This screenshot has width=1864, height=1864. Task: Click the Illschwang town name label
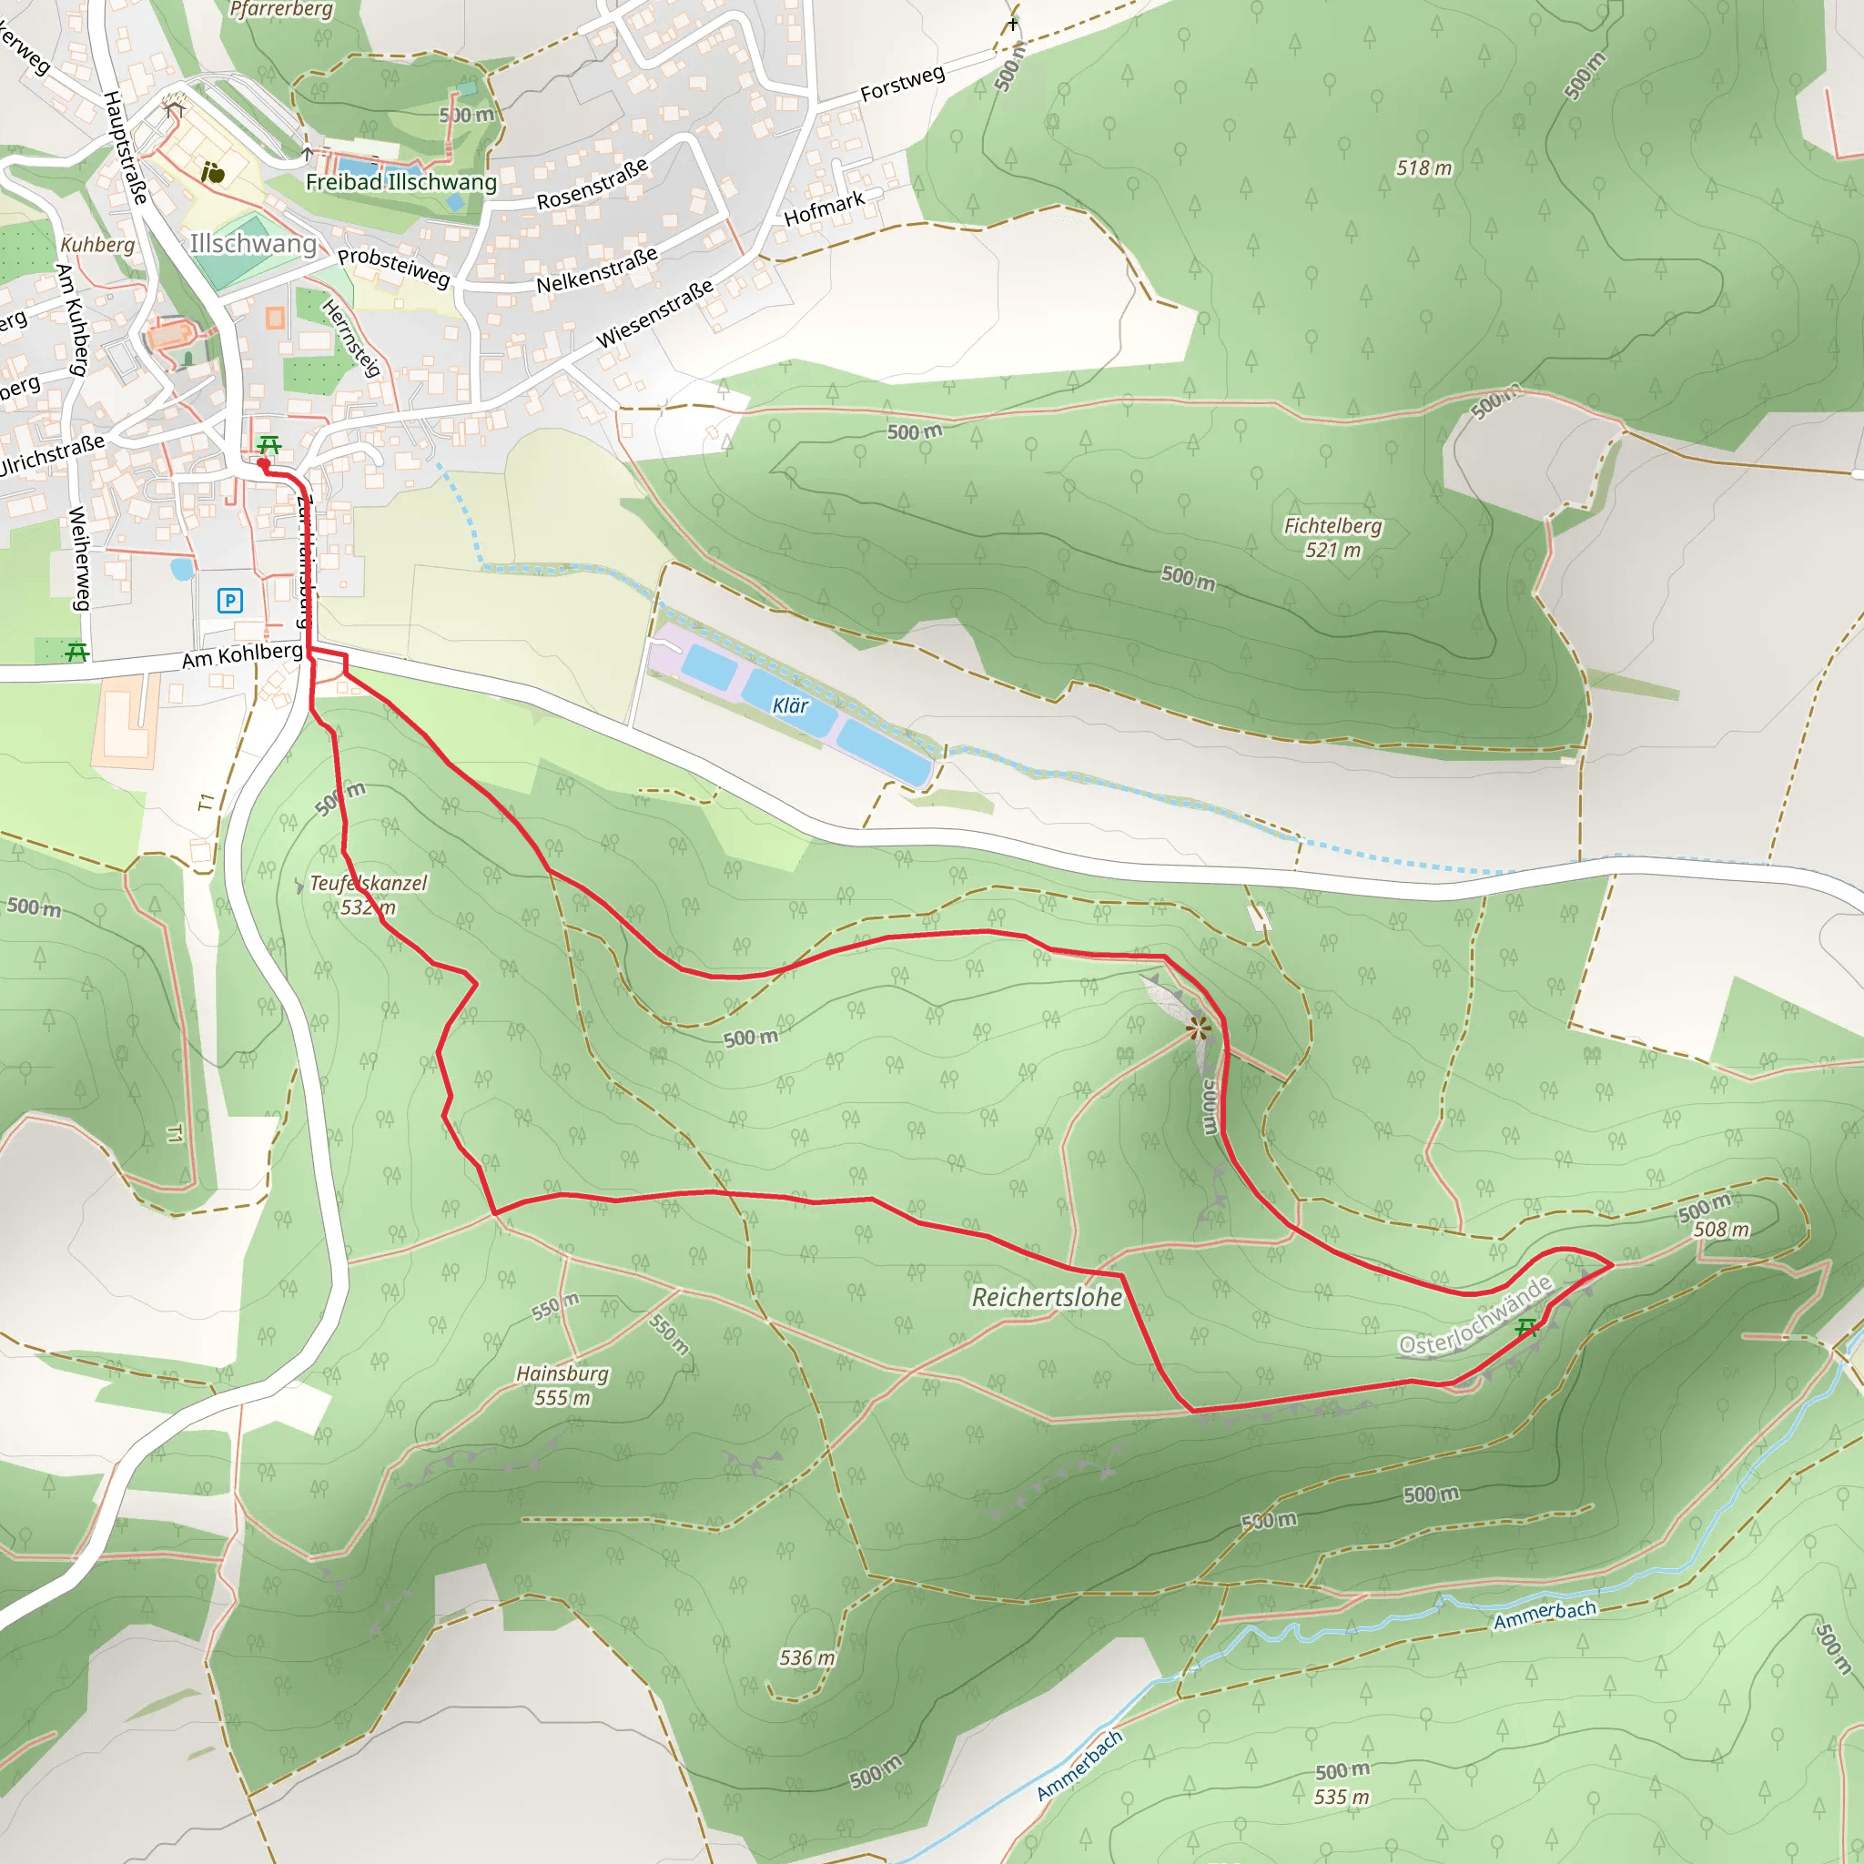[253, 243]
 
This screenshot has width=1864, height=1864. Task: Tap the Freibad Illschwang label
[401, 182]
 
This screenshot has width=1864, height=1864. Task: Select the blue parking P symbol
[229, 601]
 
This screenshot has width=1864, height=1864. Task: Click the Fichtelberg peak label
[1332, 537]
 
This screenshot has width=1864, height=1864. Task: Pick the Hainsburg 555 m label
[562, 1384]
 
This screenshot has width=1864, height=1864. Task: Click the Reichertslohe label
[1047, 1297]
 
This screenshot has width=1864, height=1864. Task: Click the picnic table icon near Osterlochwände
[1526, 1329]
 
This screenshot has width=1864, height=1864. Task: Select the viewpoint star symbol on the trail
[1199, 1029]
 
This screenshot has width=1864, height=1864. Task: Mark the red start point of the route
[262, 464]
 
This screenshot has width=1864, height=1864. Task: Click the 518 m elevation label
[1424, 167]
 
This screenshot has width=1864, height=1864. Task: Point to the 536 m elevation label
[806, 1657]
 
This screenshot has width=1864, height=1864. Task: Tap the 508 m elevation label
[1721, 1229]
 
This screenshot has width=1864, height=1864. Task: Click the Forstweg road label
[902, 84]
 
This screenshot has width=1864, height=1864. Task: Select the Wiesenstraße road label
[655, 314]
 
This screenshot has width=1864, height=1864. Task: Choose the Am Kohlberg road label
[242, 655]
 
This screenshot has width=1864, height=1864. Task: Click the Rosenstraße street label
[593, 184]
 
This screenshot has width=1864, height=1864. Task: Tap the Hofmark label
[824, 208]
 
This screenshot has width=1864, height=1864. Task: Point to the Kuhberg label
[97, 245]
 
